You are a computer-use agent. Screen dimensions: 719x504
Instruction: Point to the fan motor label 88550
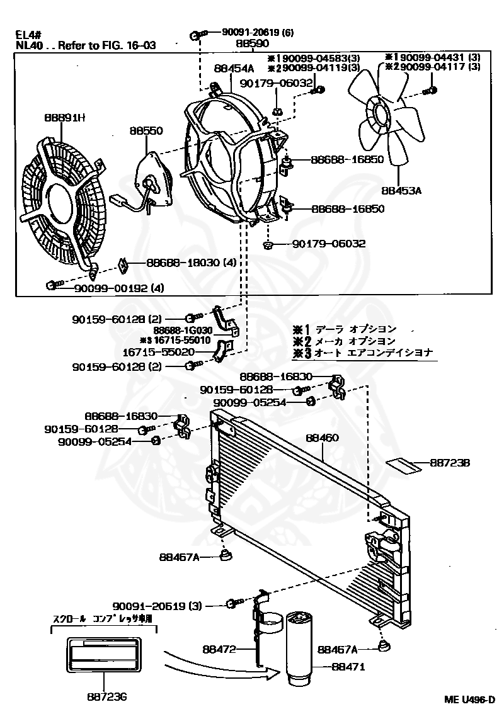tap(146, 131)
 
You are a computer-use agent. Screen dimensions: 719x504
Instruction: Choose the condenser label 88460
tap(322, 437)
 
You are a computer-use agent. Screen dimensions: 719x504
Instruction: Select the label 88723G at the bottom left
tap(107, 697)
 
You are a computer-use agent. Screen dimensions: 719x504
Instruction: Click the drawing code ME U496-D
tap(469, 699)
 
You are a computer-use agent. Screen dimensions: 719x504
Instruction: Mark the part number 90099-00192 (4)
tap(110, 288)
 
